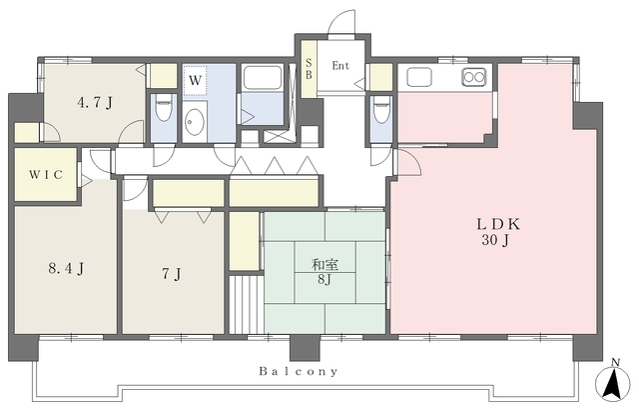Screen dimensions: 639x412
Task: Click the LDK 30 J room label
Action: pos(498,232)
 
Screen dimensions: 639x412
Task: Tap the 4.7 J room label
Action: pos(95,103)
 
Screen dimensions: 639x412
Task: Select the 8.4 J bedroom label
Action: pos(66,269)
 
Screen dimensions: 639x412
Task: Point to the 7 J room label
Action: pos(171,274)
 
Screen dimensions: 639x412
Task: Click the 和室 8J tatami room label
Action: pos(324,272)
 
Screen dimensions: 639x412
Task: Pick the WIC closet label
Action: pos(46,175)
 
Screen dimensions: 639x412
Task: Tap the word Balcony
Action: pos(299,372)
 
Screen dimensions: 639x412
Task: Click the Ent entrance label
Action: pos(340,65)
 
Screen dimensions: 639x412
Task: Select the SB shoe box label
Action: pos(309,69)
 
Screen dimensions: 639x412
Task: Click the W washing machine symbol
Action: pos(196,80)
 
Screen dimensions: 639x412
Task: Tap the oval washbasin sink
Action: pos(195,121)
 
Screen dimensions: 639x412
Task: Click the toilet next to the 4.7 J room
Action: pos(164,108)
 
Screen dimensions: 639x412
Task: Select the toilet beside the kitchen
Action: pos(381,109)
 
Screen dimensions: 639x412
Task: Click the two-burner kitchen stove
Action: pos(474,77)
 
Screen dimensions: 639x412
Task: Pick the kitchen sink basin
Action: pos(419,77)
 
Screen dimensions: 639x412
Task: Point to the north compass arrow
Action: pos(612,383)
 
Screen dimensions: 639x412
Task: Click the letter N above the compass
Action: pos(616,362)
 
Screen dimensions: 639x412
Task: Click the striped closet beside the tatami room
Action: pos(246,305)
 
